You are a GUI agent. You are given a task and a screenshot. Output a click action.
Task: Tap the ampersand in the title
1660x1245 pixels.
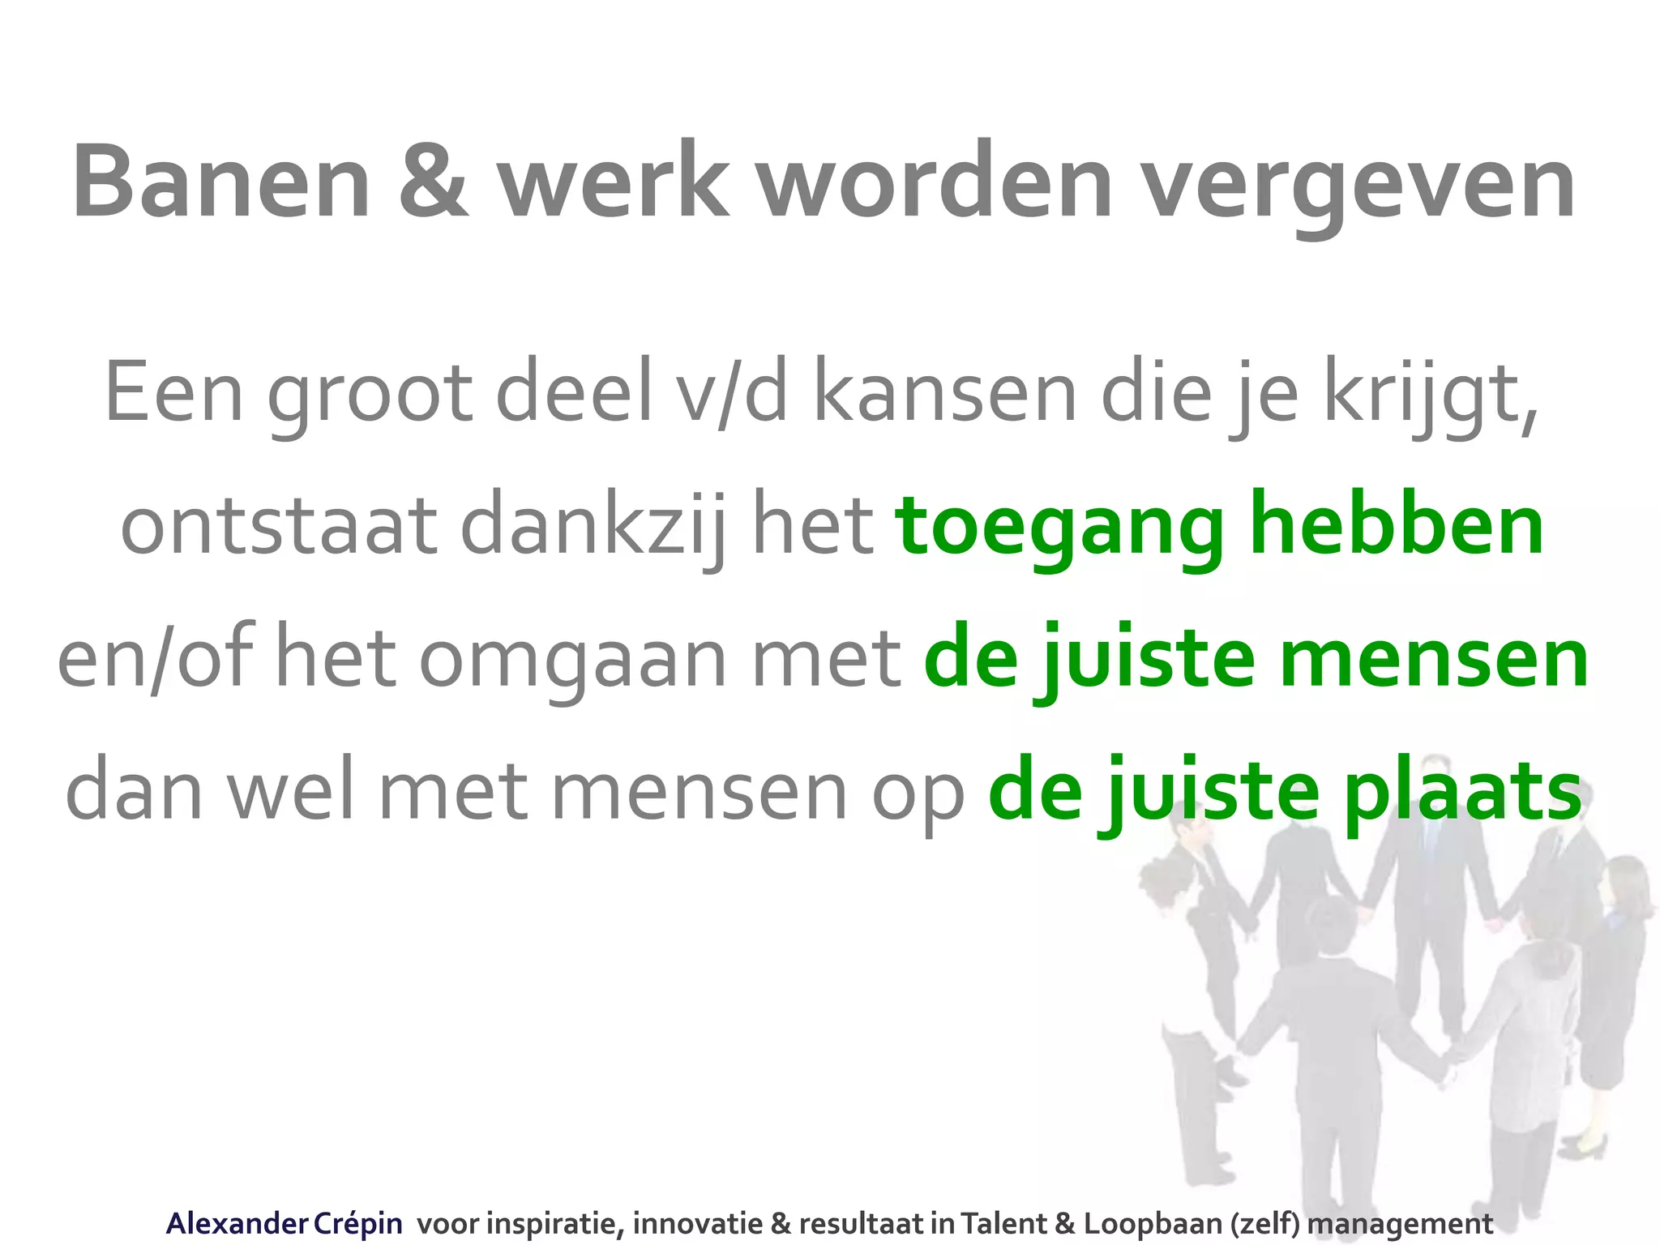point(433,182)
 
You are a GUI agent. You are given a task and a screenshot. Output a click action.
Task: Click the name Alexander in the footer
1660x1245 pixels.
point(236,1223)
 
